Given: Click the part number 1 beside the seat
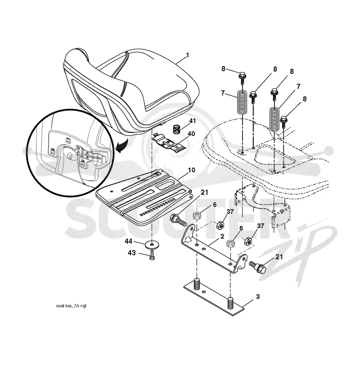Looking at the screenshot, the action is click(x=187, y=55).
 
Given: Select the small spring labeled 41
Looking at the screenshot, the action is click(x=177, y=129).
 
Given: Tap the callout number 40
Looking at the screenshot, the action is click(x=191, y=134).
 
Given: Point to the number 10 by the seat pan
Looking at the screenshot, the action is click(x=191, y=170).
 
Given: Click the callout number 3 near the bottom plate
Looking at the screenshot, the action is click(x=257, y=297).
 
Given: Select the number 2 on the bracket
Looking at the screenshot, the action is click(x=222, y=236).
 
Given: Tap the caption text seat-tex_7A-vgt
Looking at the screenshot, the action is click(x=71, y=306).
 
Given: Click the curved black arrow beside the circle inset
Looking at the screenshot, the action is click(x=122, y=147).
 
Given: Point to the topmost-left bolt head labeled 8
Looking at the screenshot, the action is click(x=242, y=75).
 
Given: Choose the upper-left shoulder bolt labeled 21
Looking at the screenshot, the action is click(x=178, y=220).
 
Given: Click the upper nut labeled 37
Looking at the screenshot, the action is click(x=220, y=225).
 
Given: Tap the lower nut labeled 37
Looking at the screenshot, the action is click(x=248, y=241).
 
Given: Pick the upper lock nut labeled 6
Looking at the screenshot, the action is click(x=197, y=215).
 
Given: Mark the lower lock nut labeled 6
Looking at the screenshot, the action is click(x=230, y=243).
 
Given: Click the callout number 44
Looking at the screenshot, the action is click(x=129, y=241).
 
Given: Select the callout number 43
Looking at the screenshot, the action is click(x=132, y=253).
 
